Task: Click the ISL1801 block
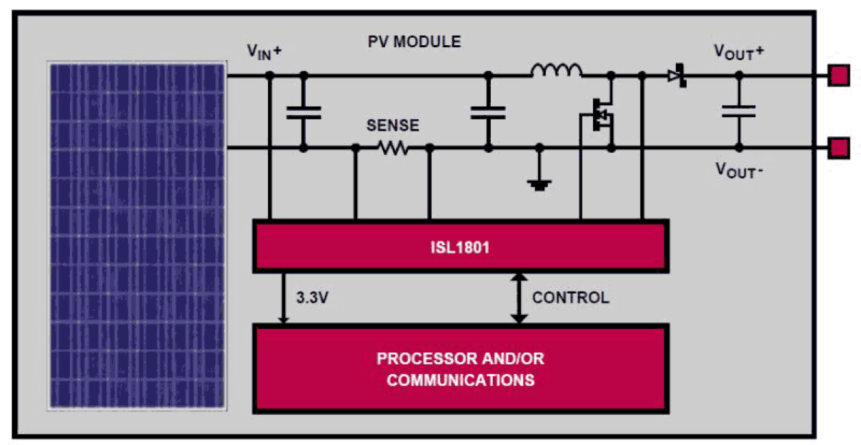point(460,246)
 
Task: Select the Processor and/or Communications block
point(460,369)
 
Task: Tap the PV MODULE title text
point(415,42)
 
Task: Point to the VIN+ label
point(265,51)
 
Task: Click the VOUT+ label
point(739,51)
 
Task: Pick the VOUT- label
point(739,169)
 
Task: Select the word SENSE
point(393,126)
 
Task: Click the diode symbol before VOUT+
point(677,75)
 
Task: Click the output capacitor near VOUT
point(738,111)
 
